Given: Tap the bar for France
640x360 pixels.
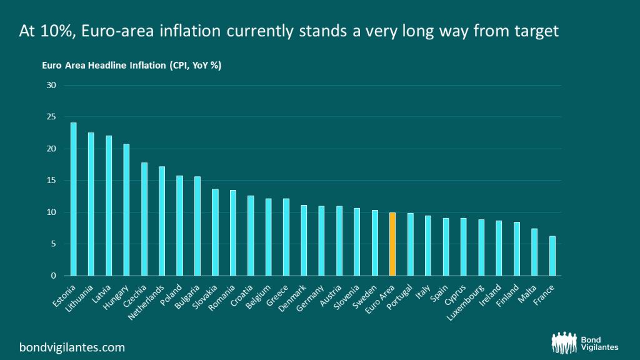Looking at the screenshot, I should tap(552, 256).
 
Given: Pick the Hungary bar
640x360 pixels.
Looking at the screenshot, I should tap(126, 209).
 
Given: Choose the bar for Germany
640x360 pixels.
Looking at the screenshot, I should tap(321, 241).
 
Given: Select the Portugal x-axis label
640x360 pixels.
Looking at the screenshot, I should tap(401, 297).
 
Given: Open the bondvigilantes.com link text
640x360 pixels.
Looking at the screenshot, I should tap(72, 346).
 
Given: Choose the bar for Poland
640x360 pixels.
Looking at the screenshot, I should tap(179, 225).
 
